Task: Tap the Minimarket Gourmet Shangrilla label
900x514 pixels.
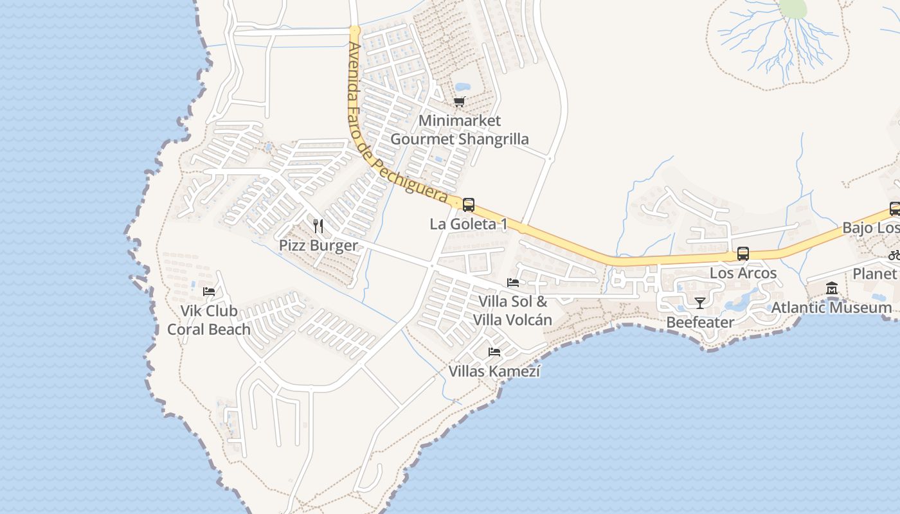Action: [459, 130]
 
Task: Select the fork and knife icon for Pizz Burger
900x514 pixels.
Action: [318, 226]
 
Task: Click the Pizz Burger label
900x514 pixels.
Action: [318, 245]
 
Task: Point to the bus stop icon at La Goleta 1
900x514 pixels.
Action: [469, 205]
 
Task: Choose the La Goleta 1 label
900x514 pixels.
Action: [468, 224]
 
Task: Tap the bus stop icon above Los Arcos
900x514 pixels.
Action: [743, 254]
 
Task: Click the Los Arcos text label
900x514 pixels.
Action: [743, 273]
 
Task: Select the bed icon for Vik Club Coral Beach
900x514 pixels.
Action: [209, 291]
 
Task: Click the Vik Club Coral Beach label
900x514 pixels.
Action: [209, 320]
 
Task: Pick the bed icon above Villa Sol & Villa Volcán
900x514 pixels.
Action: [513, 282]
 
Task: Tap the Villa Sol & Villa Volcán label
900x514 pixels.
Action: [513, 310]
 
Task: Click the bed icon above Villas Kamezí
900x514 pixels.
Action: [494, 351]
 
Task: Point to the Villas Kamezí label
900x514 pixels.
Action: [494, 371]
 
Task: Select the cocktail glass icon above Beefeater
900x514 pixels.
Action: [700, 303]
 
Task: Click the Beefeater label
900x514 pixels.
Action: [700, 322]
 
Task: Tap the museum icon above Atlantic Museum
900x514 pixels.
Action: [832, 288]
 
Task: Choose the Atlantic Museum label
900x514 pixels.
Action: [831, 307]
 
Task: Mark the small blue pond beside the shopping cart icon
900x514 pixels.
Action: [462, 87]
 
